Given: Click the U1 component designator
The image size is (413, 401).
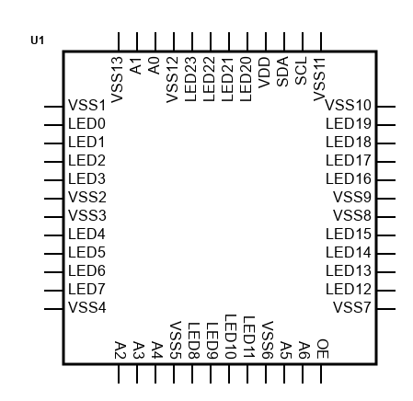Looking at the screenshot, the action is point(38,40).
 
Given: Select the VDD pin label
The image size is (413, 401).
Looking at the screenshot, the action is point(264,73).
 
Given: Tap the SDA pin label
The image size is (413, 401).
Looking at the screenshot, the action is point(282,72).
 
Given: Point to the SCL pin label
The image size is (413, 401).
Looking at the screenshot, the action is point(301,71).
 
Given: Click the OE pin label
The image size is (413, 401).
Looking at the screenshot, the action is point(323,349).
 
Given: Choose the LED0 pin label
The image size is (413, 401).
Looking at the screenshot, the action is point(86,124).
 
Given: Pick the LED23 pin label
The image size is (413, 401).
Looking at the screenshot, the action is point(190,79).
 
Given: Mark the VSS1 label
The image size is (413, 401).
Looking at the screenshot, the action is point(87,106).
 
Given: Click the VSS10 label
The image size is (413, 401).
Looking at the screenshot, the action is point(348,106).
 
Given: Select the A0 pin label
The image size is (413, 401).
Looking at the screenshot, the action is point(154,65).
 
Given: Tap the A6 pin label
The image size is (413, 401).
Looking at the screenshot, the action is point(304,349).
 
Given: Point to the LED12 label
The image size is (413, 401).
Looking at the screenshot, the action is point(349,290).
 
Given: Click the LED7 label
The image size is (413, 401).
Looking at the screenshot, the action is point(86,290).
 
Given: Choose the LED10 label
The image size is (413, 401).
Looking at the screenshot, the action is point(231,337).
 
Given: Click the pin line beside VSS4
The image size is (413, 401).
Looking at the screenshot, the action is point(53,309).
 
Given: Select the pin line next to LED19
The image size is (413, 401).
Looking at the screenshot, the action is point(386,125).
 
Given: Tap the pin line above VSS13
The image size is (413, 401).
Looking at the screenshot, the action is point(119,41).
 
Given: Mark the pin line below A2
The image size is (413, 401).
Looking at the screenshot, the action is point(119,373).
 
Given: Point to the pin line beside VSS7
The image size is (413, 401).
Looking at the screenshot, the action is point(386,309).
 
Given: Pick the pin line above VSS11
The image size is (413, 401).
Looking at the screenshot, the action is point(321,41).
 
